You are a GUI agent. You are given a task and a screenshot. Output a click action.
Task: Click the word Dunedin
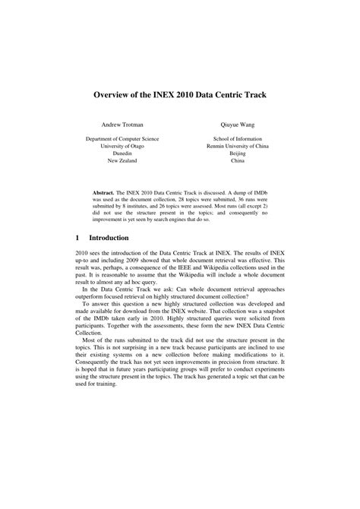click(x=122, y=160)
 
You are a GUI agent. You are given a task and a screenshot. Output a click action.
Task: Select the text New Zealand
click(x=122, y=170)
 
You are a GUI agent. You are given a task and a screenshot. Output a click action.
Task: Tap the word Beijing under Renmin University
click(x=237, y=160)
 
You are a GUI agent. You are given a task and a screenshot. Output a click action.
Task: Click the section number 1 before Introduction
click(x=78, y=238)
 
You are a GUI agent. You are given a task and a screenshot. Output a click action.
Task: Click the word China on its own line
click(x=237, y=170)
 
